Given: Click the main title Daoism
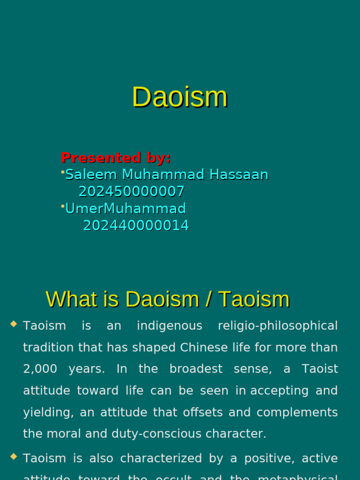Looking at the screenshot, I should (180, 97).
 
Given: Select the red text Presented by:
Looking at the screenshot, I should (115, 157).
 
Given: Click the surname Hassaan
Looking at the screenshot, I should (239, 174).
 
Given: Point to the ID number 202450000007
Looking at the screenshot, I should (131, 191).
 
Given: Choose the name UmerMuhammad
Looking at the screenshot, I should (125, 208).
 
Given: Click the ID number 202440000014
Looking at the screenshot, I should (136, 225).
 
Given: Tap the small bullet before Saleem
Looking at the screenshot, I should (62, 172).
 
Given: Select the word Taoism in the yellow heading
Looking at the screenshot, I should (254, 299).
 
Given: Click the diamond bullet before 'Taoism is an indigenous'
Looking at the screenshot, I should (13, 323).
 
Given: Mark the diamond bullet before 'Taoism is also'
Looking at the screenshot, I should (13, 456).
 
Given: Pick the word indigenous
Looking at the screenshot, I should (169, 326).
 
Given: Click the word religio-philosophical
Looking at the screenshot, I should (277, 326).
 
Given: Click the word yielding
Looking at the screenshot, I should (48, 412).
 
